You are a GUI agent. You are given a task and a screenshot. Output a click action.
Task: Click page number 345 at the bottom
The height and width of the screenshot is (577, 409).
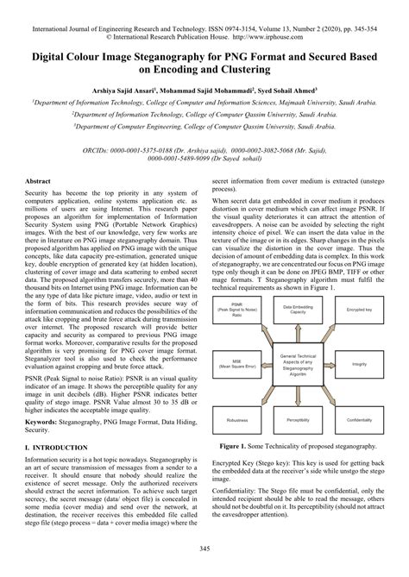(204, 549)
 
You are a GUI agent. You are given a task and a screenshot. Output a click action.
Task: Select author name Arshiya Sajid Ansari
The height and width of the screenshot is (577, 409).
(128, 89)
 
